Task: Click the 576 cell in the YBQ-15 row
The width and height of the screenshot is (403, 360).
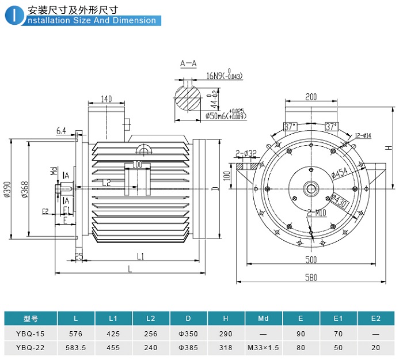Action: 76,334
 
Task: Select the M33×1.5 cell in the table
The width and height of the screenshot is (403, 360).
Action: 264,348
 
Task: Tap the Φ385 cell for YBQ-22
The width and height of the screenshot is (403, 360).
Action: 188,348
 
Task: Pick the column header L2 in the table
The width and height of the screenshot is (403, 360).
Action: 151,319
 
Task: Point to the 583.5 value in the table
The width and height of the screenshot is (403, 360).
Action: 76,348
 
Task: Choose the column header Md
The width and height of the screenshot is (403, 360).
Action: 264,319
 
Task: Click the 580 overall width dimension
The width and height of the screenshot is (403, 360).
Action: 311,278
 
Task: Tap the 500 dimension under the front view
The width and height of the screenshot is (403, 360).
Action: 311,260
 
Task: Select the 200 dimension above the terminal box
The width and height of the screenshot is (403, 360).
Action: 311,97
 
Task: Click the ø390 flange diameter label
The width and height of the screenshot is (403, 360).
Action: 7,190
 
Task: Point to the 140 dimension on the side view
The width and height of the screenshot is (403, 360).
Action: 106,99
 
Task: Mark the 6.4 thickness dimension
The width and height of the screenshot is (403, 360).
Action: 62,131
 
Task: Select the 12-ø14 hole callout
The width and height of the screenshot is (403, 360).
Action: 364,135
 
